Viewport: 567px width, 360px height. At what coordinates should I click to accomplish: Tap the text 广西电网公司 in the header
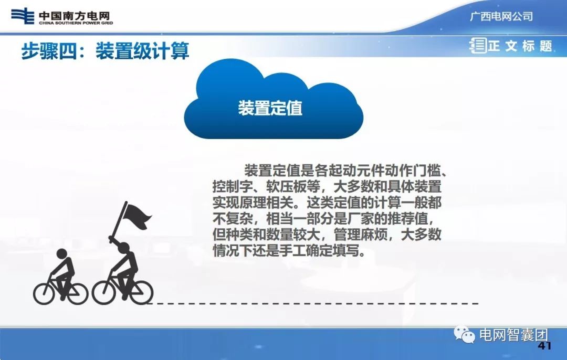tap(501, 16)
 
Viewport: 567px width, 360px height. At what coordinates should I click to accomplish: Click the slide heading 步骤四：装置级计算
tap(105, 51)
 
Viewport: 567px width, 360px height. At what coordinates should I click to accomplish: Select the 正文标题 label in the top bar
tap(520, 46)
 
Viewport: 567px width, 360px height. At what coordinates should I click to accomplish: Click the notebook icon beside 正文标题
tap(478, 46)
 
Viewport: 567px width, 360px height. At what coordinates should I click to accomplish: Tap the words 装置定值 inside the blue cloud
tap(270, 108)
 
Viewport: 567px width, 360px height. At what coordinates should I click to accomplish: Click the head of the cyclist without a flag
tap(61, 255)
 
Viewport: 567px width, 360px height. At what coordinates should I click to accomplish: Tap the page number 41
tap(545, 346)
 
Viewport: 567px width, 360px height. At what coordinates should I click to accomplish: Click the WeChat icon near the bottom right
tap(466, 335)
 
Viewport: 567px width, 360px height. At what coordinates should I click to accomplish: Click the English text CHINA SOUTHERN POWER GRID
tap(76, 23)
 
